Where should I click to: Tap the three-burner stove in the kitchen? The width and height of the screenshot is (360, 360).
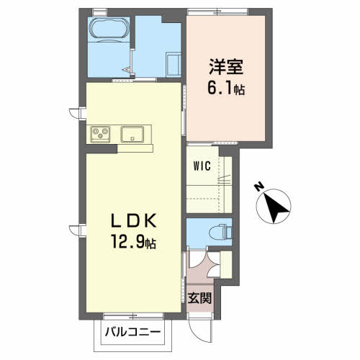[99, 135]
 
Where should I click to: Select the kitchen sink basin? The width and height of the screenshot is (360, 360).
[134, 135]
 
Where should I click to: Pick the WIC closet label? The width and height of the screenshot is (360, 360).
[201, 166]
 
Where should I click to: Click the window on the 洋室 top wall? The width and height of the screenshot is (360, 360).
[217, 10]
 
